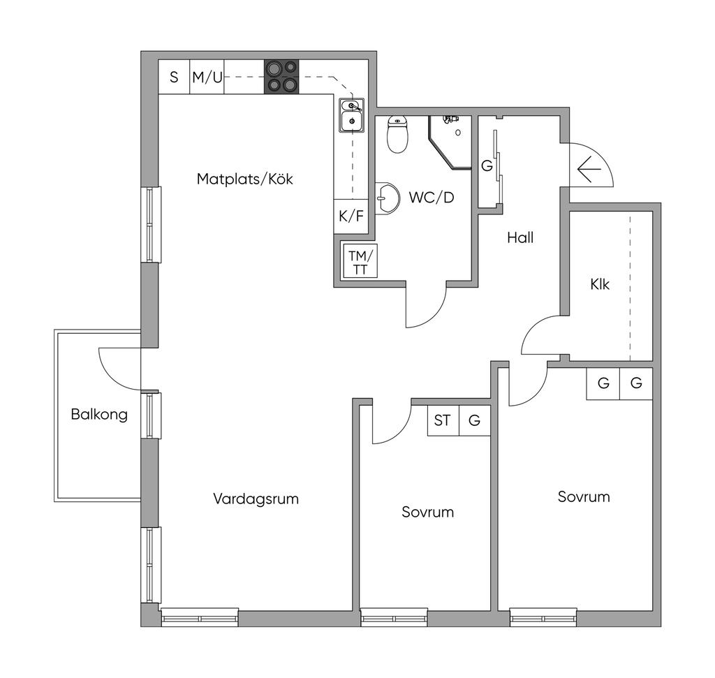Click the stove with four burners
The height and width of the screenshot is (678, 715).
[281, 77]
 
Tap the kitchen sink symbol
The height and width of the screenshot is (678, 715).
[351, 115]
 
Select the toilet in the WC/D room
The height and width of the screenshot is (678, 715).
[397, 134]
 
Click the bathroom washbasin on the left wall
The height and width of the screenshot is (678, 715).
[386, 198]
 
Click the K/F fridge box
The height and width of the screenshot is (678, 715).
[351, 216]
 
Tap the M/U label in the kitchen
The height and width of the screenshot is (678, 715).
[207, 77]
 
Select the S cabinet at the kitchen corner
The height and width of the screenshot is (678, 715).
[174, 77]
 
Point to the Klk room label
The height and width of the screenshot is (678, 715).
[600, 284]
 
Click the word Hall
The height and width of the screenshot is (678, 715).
[520, 237]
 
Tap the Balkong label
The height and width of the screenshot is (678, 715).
[99, 415]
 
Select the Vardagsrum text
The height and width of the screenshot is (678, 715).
[256, 499]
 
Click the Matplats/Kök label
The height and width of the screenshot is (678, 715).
[244, 179]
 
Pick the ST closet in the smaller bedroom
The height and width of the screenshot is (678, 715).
[443, 420]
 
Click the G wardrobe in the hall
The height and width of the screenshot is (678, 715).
[487, 166]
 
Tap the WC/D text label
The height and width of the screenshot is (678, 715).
[432, 198]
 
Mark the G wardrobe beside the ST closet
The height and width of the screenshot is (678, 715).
[475, 420]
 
